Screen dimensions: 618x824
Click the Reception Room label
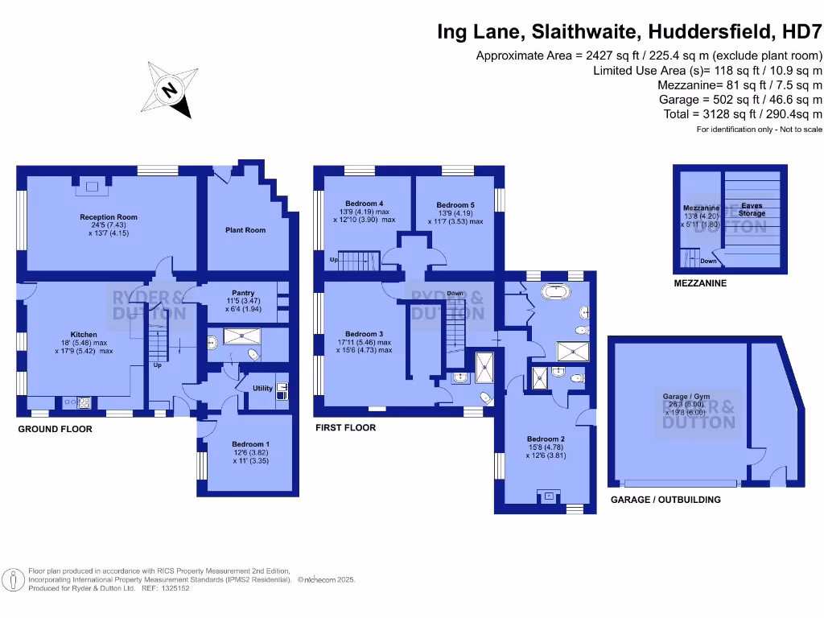(x=108, y=217)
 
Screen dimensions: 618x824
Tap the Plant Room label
(x=245, y=230)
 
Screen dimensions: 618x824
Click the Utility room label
(x=262, y=388)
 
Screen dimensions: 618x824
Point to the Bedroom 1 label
(x=250, y=444)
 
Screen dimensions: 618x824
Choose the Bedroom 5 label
(x=457, y=205)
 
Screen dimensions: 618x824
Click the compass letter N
(x=170, y=90)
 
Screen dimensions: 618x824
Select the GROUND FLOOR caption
(x=55, y=430)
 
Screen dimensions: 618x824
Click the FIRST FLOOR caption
(x=345, y=428)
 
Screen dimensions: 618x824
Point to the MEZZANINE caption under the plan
(x=701, y=283)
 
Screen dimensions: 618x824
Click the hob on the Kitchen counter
(x=83, y=400)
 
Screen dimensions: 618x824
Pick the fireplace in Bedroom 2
(x=549, y=496)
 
